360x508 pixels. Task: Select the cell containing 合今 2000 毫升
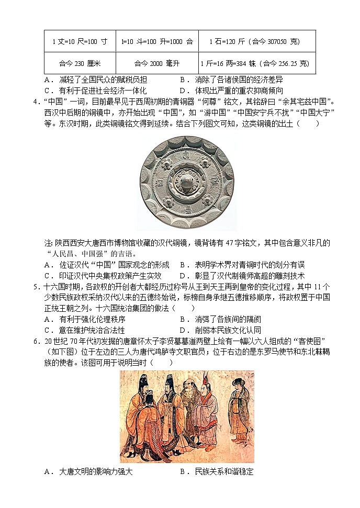(156, 63)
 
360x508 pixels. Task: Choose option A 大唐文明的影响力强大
(88, 471)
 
